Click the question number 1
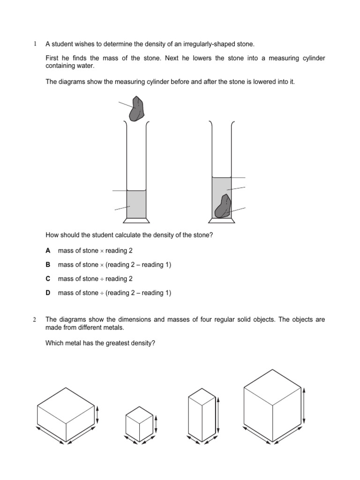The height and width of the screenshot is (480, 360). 34,45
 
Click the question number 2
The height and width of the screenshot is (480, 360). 34,320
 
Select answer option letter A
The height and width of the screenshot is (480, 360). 47,251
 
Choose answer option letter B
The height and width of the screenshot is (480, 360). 47,265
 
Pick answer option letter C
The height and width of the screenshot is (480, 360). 47,279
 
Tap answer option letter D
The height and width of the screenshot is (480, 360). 47,293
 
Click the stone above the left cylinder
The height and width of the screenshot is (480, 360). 138,109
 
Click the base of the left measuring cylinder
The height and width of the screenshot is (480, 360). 136,220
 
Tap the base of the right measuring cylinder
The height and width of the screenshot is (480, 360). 222,220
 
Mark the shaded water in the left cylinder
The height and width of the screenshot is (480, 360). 136,204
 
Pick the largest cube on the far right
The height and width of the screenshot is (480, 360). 272,405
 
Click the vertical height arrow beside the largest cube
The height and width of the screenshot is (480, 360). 305,405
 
